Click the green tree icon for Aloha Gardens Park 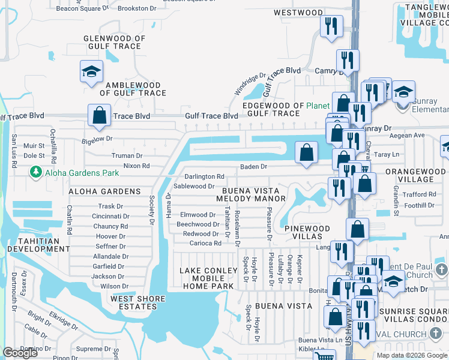pos(35,173)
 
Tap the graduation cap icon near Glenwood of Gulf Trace pos(92,72)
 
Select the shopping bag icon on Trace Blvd pos(99,114)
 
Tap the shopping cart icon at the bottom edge pos(324,356)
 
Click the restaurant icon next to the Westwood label pos(331,26)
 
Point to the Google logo pos(20,353)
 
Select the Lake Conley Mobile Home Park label pos(206,278)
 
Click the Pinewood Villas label pos(307,233)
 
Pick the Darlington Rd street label pos(204,176)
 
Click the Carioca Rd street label pos(206,243)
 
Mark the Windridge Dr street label pos(250,85)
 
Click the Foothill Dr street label pos(420,205)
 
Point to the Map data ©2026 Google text pos(412,355)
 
